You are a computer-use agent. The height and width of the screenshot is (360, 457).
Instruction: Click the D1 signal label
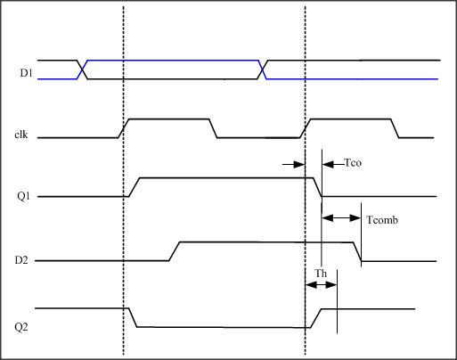pyautogui.click(x=26, y=73)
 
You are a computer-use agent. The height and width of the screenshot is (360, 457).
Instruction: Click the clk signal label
pyautogui.click(x=21, y=135)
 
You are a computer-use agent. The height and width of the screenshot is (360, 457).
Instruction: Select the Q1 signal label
pyautogui.click(x=23, y=196)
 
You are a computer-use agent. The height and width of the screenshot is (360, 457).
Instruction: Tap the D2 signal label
pyautogui.click(x=21, y=260)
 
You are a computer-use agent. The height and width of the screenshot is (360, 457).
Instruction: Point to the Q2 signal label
pyautogui.click(x=21, y=327)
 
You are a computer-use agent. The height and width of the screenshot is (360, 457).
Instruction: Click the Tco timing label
pyautogui.click(x=353, y=163)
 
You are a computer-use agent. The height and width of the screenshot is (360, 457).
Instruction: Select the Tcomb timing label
pyautogui.click(x=382, y=220)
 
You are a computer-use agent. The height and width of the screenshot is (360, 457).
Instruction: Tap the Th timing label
pyautogui.click(x=321, y=273)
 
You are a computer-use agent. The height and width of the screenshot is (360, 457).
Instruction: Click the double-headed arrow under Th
pyautogui.click(x=321, y=285)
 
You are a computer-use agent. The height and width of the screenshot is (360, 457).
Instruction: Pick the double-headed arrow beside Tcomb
pyautogui.click(x=341, y=218)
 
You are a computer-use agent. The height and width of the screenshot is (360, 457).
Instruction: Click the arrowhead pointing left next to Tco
pyautogui.click(x=328, y=164)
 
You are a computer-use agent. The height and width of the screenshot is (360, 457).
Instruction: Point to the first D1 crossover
pyautogui.click(x=82, y=70)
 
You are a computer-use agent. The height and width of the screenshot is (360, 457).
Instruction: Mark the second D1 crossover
pyautogui.click(x=262, y=70)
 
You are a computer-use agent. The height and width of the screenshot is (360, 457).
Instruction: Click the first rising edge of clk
pyautogui.click(x=124, y=128)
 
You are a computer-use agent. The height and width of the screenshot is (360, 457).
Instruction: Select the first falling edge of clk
pyautogui.click(x=213, y=128)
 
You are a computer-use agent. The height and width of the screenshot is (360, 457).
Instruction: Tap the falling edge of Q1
pyautogui.click(x=317, y=187)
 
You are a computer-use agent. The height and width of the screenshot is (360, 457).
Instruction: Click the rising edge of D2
pyautogui.click(x=175, y=251)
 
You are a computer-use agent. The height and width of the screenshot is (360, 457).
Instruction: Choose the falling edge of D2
pyautogui.click(x=357, y=252)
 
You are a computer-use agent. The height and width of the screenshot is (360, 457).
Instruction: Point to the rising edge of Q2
pyautogui.click(x=316, y=318)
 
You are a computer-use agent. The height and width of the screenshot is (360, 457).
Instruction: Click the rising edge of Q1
pyautogui.click(x=135, y=187)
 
